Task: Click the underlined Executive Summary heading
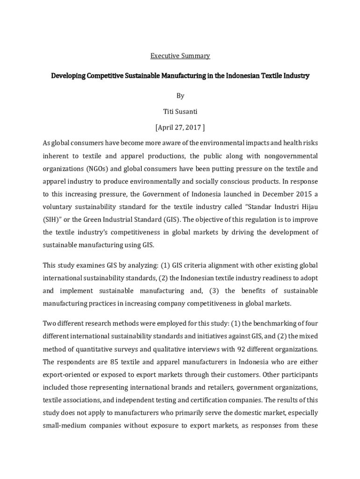(x=180, y=56)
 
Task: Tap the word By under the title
(x=180, y=96)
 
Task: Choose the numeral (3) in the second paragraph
(x=215, y=291)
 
